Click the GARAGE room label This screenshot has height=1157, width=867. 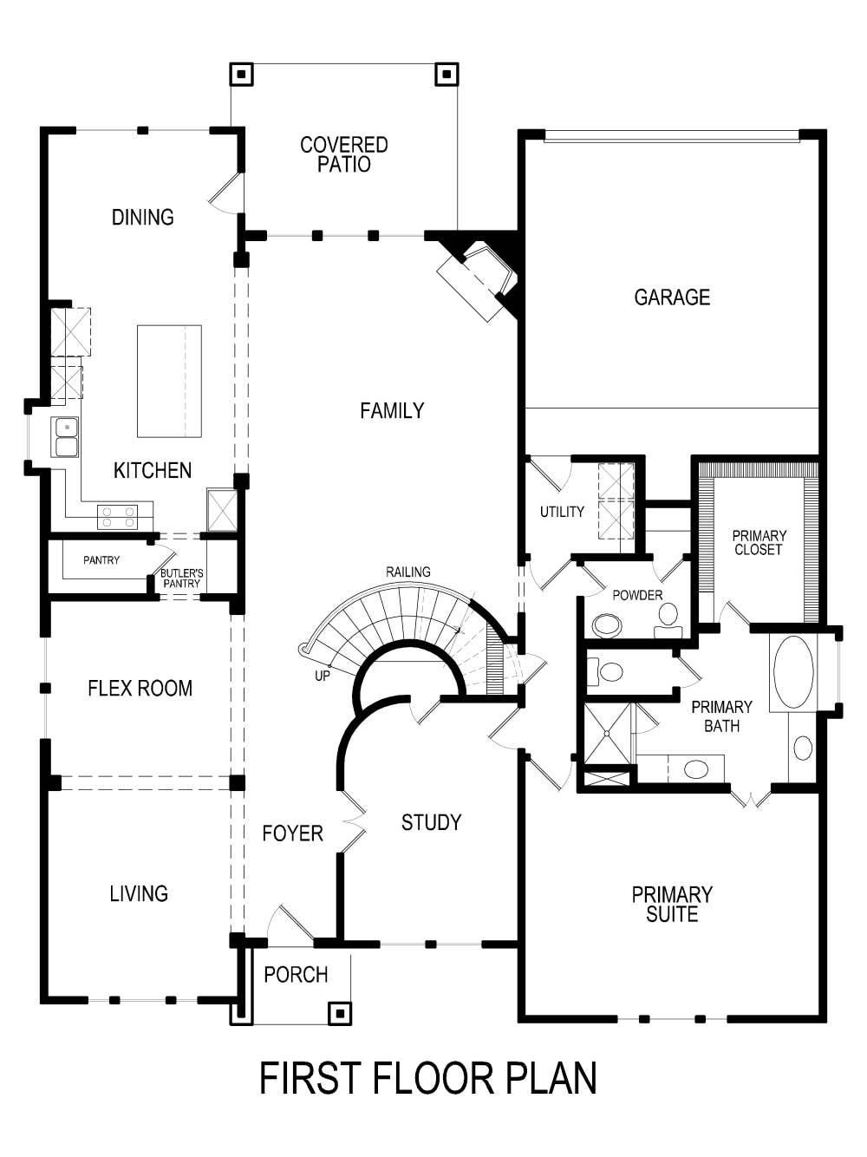click(x=672, y=297)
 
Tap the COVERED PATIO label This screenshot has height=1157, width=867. click(x=344, y=154)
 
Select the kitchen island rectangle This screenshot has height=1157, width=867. click(x=169, y=381)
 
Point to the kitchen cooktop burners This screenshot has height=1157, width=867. click(x=118, y=517)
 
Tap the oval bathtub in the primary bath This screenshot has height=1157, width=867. click(x=792, y=672)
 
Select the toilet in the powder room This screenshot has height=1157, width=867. click(x=668, y=615)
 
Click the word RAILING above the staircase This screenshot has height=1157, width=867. click(x=408, y=572)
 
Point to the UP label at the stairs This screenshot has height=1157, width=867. click(x=323, y=676)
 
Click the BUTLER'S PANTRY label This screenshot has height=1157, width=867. click(x=182, y=578)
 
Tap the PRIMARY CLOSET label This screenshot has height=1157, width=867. click(x=759, y=542)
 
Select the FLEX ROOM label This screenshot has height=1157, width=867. click(x=140, y=689)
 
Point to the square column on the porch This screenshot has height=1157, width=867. click(x=340, y=1012)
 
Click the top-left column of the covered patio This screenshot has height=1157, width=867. click(x=241, y=75)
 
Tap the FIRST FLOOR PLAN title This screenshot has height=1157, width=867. click(x=428, y=1078)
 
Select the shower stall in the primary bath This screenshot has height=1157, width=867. click(x=608, y=734)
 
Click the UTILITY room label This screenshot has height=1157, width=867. click(x=562, y=512)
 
